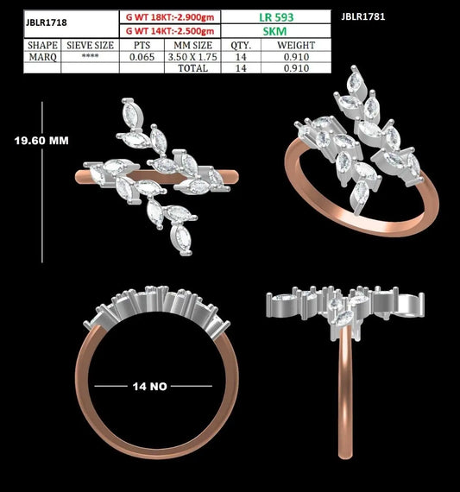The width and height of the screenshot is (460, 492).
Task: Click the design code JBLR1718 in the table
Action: [x=46, y=22]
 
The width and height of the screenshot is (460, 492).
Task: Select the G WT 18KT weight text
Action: [x=170, y=17]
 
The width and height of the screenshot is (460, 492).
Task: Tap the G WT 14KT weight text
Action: [x=170, y=31]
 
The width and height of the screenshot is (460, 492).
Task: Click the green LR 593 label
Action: [x=276, y=17]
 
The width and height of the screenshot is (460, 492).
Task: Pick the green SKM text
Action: [x=274, y=31]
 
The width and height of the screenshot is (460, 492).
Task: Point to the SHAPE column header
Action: [x=42, y=45]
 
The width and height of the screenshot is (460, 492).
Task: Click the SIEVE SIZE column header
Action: [x=90, y=46]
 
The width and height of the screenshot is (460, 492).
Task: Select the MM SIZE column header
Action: [x=193, y=46]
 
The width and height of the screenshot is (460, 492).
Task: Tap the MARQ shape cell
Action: [x=43, y=57]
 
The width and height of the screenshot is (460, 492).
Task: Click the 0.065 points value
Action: [x=142, y=57]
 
